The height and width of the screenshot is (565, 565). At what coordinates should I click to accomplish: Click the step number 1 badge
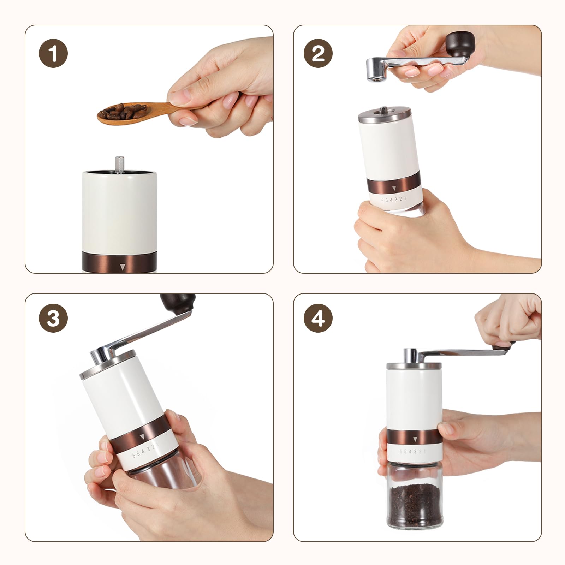point(53,54)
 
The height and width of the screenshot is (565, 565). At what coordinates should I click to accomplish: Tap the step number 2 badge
point(318,54)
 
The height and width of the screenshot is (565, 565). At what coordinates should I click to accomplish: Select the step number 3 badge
point(53,318)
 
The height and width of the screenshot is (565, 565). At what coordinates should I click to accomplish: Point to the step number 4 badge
point(318,318)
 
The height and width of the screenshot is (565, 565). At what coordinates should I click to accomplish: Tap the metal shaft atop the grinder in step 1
point(119,165)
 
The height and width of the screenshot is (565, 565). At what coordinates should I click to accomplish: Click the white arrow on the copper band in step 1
point(122,267)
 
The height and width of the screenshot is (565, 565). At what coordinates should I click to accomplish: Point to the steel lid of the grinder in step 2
point(385,116)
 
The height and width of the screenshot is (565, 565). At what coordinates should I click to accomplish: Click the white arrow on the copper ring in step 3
point(142,436)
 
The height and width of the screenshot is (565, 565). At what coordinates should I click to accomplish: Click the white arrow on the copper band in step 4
point(414,439)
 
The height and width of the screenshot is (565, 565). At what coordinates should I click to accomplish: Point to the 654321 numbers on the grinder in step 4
point(413,452)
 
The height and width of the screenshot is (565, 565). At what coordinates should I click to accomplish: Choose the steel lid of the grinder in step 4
point(414,365)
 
